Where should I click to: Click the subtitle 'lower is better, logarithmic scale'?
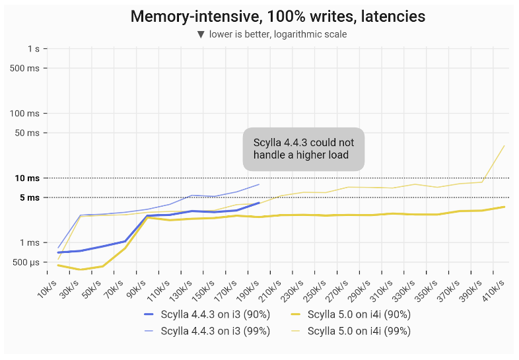tap(277, 34)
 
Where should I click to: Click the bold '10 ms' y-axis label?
tap(26, 178)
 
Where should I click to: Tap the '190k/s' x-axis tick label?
tap(248, 287)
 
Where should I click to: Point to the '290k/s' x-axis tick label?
tap(360, 287)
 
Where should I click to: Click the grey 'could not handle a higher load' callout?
tap(304, 149)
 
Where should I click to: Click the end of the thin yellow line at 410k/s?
tap(505, 145)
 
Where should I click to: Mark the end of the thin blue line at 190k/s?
tap(259, 184)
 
